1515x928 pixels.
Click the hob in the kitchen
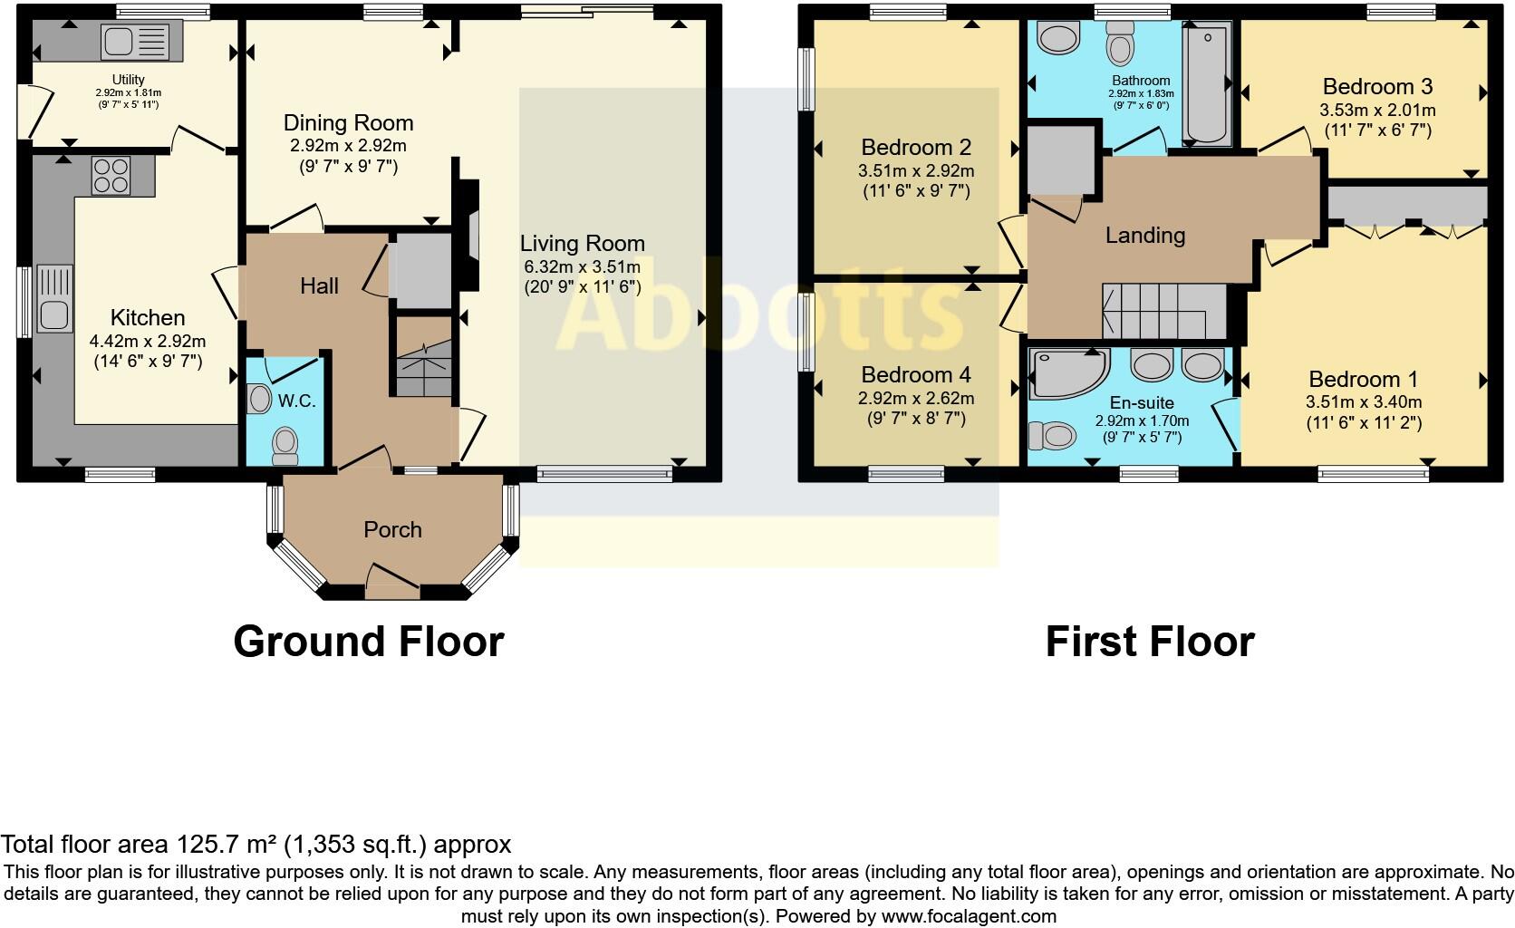click(x=111, y=175)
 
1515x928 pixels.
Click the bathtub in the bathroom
click(x=1206, y=86)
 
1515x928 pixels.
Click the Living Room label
click(x=582, y=244)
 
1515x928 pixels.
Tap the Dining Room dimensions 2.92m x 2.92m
click(x=348, y=146)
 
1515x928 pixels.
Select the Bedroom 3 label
click(x=1377, y=87)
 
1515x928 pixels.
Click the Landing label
click(x=1144, y=236)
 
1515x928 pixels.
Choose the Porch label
click(x=392, y=530)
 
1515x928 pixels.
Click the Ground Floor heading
click(x=368, y=642)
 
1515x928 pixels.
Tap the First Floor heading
click(x=1149, y=642)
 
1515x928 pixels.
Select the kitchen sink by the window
click(x=53, y=299)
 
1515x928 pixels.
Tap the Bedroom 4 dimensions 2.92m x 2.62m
click(x=915, y=398)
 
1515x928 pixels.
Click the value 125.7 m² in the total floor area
click(x=226, y=845)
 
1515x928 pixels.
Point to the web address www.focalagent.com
click(x=968, y=916)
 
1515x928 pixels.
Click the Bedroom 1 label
click(x=1363, y=380)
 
